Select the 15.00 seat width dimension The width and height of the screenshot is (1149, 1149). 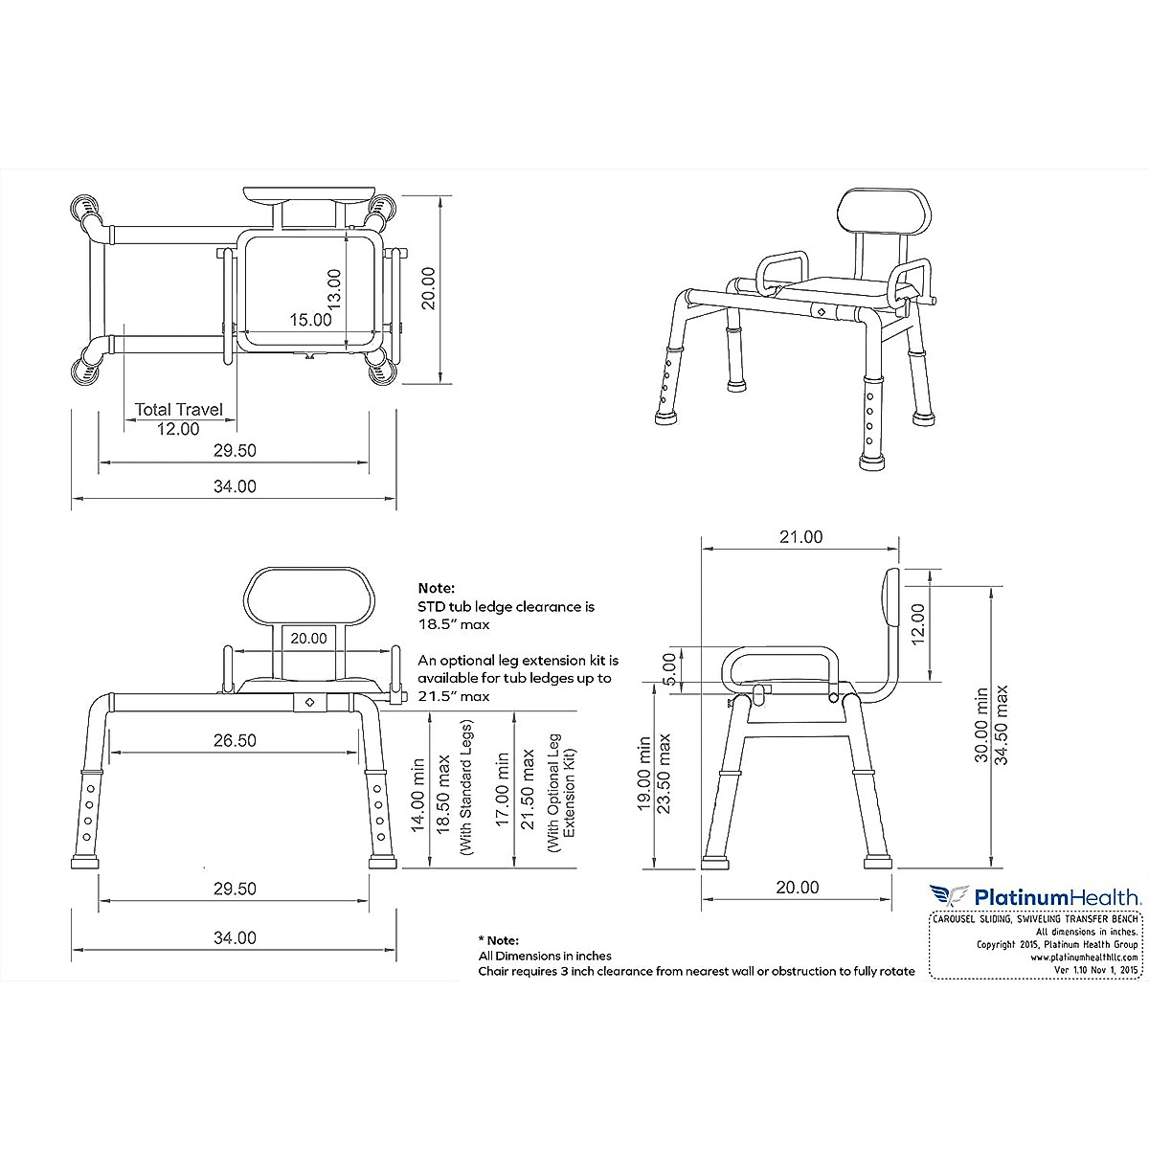pyautogui.click(x=311, y=320)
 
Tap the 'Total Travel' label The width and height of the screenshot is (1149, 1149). pyautogui.click(x=178, y=409)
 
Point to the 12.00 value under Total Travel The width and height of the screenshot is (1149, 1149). pyautogui.click(x=178, y=429)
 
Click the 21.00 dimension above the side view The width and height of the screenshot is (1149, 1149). pyautogui.click(x=800, y=537)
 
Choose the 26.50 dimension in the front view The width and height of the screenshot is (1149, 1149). pyautogui.click(x=235, y=740)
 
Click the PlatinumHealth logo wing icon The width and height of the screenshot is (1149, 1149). pyautogui.click(x=948, y=896)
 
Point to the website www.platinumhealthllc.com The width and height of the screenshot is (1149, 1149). pyautogui.click(x=1084, y=957)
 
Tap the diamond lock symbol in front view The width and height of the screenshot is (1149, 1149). pyautogui.click(x=308, y=702)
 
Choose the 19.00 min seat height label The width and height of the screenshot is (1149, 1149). pyautogui.click(x=645, y=774)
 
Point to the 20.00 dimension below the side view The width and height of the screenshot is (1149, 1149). pyautogui.click(x=797, y=888)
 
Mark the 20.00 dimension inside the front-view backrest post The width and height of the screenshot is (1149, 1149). pyautogui.click(x=308, y=638)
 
